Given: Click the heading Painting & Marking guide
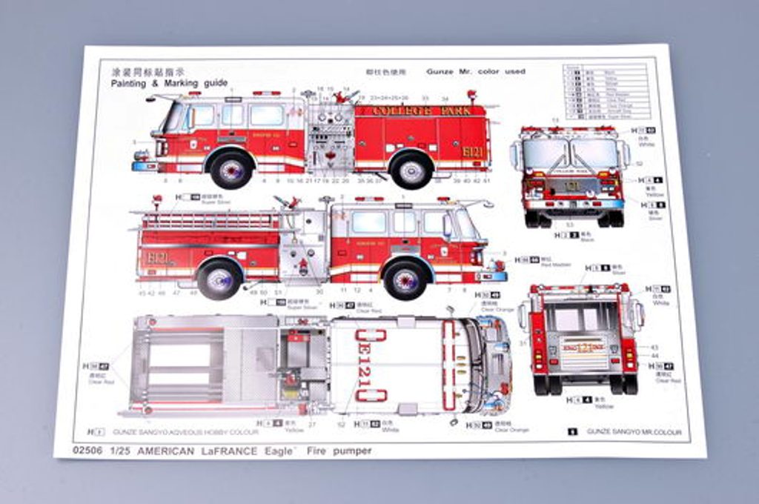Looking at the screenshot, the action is [169, 83].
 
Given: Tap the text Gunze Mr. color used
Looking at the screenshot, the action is [475, 72].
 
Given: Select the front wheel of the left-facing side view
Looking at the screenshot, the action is [231, 169].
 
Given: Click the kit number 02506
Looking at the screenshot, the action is [87, 450].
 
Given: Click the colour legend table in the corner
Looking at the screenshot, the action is [604, 91].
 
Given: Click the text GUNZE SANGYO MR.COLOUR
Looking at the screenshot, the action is [632, 431].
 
